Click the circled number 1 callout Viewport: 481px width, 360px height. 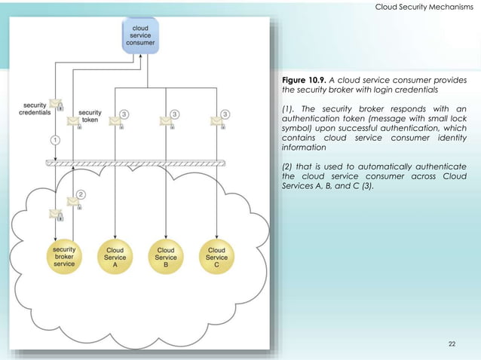coord(54,139)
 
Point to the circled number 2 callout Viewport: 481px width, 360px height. coord(81,194)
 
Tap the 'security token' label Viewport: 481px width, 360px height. coord(90,117)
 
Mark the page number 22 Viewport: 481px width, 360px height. coord(452,344)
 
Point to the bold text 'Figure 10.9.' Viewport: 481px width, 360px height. coord(307,80)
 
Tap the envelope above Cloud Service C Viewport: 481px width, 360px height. coord(217,121)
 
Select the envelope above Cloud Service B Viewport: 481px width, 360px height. coord(167,121)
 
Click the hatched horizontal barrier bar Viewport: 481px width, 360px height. coord(136,163)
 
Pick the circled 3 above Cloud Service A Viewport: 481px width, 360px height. coord(124,114)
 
